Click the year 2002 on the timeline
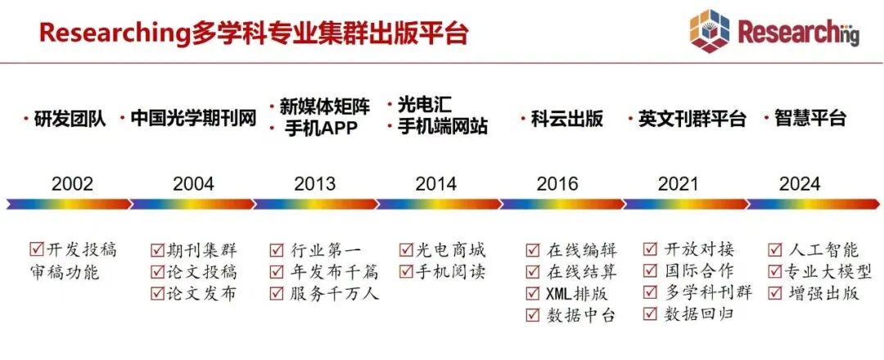72,183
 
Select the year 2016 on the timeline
557,183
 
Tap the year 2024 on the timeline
800,183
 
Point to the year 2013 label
314,183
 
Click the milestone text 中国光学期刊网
193,119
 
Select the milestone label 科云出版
566,119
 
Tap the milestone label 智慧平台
810,119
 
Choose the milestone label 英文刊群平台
692,119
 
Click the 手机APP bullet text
321,128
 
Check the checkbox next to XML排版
532,294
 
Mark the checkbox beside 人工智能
776,250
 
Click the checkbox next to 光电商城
406,250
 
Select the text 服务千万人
334,294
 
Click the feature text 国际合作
699,272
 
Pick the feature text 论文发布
202,294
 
